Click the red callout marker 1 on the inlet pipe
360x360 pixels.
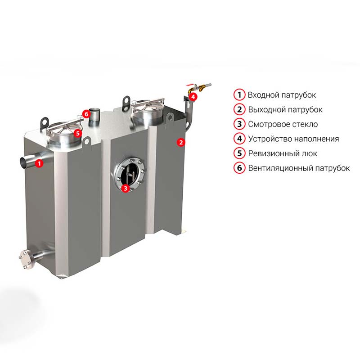[x=40, y=163]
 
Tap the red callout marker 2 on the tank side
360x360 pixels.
[x=181, y=142]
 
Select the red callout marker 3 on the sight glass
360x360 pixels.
[x=126, y=188]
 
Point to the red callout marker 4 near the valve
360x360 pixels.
[x=193, y=97]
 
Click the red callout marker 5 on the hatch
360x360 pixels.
[x=77, y=133]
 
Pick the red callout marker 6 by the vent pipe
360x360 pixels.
[x=86, y=114]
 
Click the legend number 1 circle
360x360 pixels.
[x=239, y=94]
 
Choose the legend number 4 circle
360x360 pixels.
[x=239, y=139]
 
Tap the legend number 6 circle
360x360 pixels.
[x=239, y=168]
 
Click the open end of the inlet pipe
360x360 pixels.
[x=24, y=162]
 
